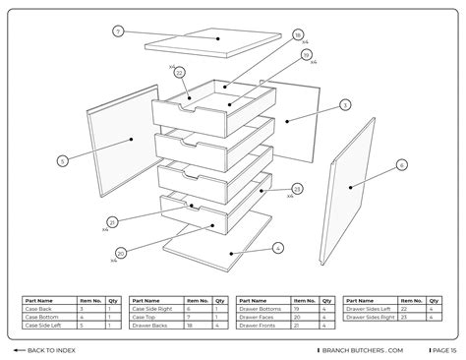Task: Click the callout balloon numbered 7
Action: tap(118, 31)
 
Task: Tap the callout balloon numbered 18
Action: tap(298, 34)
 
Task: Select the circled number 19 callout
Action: tap(306, 55)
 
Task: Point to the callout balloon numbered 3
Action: tap(345, 104)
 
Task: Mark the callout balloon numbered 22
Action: tap(179, 72)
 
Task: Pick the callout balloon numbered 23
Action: tap(297, 188)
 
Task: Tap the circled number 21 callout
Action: tap(112, 222)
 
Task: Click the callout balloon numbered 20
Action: tap(120, 254)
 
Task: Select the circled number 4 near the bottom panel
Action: tap(278, 248)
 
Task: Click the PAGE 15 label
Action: tap(441, 350)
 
